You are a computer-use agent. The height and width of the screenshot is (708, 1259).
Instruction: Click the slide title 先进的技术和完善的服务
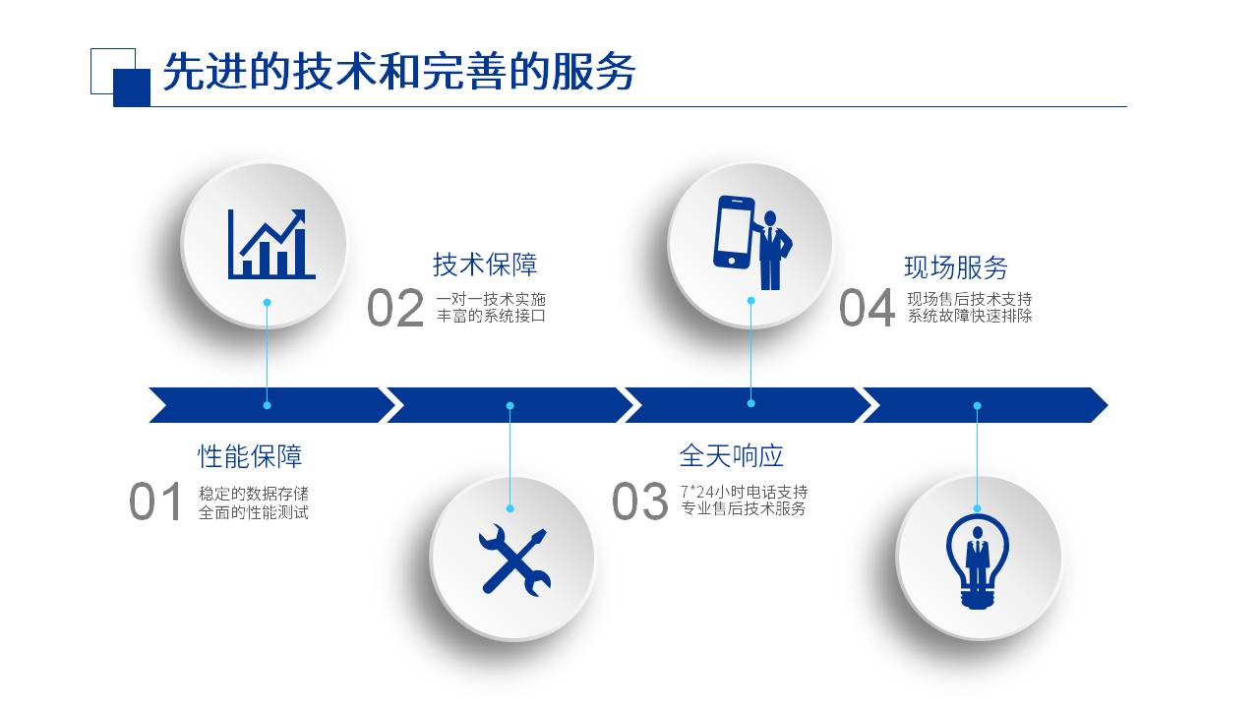point(399,72)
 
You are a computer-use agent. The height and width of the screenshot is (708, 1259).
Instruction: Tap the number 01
point(154,501)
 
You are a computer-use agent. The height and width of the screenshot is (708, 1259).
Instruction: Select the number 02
point(395,308)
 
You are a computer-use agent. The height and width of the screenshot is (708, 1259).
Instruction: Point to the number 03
point(639,501)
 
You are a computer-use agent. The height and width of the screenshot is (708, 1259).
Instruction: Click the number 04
point(867,308)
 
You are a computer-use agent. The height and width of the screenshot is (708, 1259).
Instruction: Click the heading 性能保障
point(250,455)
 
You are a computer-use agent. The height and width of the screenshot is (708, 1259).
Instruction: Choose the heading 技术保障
point(485,265)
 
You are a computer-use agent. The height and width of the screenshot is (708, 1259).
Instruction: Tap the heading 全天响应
point(731,455)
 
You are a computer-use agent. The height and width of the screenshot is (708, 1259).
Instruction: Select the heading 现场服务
point(956,267)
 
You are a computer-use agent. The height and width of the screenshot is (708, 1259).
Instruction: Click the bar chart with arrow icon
point(271,245)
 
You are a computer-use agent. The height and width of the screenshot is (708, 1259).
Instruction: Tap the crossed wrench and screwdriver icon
point(514,560)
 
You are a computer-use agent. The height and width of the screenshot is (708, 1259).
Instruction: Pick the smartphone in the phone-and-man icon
point(734,232)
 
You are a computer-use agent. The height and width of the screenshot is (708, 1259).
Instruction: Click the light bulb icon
point(978,560)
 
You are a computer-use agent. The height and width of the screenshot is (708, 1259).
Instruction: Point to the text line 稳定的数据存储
point(254,494)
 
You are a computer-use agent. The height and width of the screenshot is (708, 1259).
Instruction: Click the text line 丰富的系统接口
point(491,316)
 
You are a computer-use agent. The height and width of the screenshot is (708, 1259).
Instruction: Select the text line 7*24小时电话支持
point(745,493)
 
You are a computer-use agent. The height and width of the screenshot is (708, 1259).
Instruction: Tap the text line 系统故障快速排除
point(970,316)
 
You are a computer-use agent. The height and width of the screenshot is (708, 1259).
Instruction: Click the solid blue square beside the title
point(132,88)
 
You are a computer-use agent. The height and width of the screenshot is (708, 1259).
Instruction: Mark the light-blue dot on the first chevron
point(267,405)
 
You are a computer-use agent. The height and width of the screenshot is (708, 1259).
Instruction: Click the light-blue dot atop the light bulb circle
point(978,508)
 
